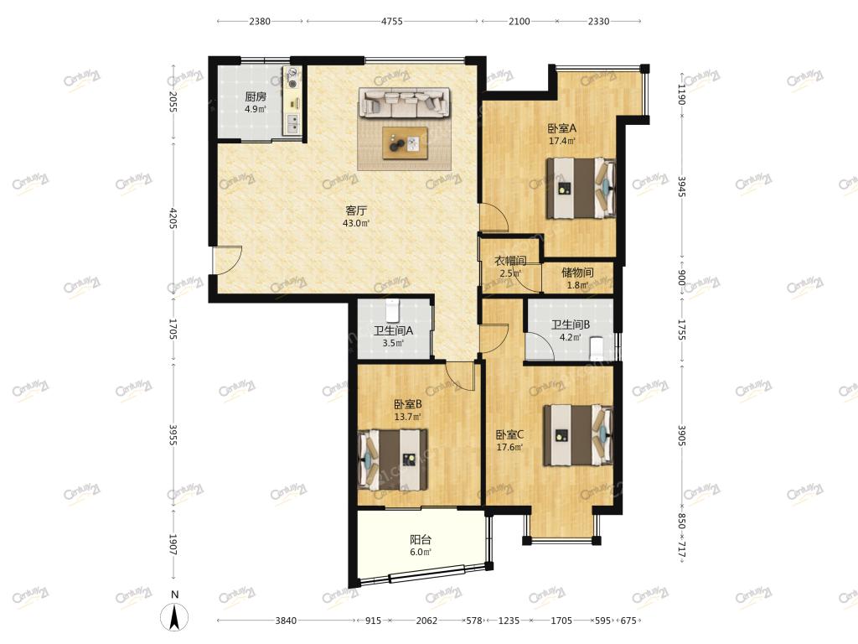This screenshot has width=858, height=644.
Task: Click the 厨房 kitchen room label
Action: click(x=256, y=97)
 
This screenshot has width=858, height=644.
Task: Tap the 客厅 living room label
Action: click(x=356, y=210)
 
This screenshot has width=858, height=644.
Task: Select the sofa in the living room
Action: click(x=405, y=102)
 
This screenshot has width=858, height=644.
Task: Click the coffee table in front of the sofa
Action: click(x=405, y=143)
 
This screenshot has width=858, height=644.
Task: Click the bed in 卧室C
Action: click(x=578, y=435)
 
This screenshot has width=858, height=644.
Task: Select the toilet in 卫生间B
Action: click(x=597, y=348)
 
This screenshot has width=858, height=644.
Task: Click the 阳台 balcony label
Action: click(x=421, y=539)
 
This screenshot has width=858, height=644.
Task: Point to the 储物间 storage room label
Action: click(x=577, y=273)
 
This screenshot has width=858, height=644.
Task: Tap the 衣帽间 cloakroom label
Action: click(x=510, y=261)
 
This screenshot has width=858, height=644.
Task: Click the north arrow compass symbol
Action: click(x=174, y=616)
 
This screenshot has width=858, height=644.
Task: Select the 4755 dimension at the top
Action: click(x=392, y=21)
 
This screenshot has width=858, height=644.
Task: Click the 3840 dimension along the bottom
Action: click(x=286, y=621)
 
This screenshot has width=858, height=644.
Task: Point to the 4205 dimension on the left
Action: click(x=173, y=219)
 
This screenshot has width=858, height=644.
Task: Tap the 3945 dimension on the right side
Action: click(x=682, y=186)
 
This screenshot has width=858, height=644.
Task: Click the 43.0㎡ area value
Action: click(x=356, y=223)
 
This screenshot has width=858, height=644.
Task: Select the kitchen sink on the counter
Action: click(x=292, y=124)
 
